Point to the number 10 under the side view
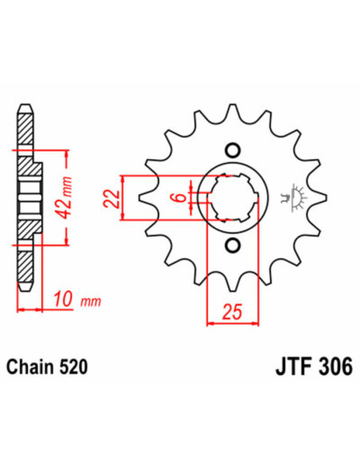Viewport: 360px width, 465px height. (63, 300)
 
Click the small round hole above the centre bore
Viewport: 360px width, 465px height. (232, 149)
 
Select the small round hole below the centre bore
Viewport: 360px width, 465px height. (232, 244)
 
